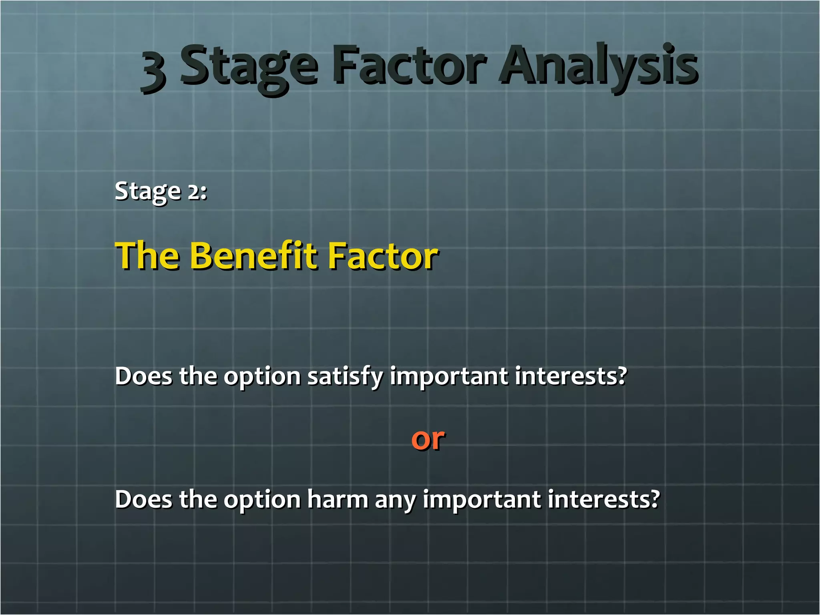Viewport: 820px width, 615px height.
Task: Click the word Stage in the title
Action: [248, 66]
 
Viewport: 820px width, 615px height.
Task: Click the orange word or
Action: [428, 439]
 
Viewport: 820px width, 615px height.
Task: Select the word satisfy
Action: [345, 377]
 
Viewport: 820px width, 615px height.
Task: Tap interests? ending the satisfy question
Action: [571, 376]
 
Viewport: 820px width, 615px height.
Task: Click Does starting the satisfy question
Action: [143, 376]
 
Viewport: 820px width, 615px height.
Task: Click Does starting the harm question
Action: [143, 499]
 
